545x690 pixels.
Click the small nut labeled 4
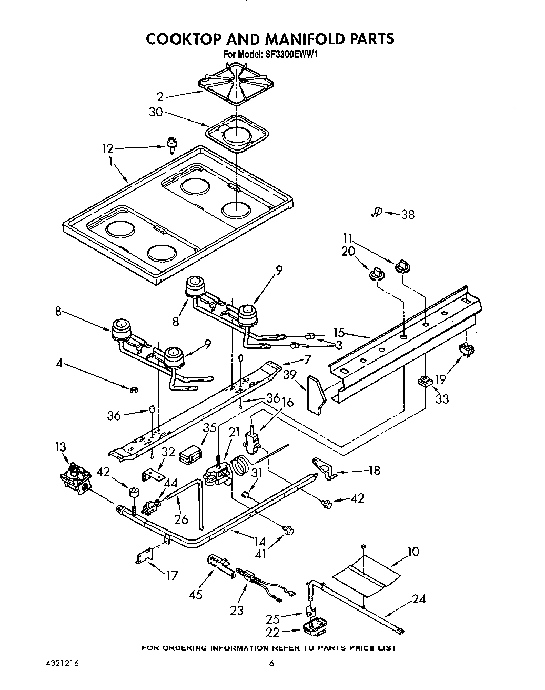click(134, 389)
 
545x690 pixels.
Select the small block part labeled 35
click(191, 453)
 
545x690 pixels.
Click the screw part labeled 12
click(171, 143)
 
